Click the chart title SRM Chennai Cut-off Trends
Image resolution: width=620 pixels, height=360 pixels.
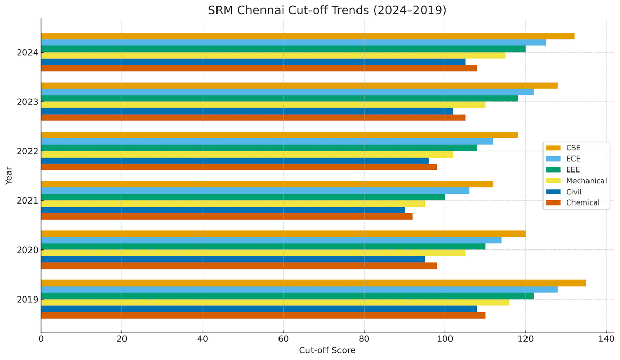pyautogui.click(x=327, y=10)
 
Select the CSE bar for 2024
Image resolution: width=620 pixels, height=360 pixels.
pyautogui.click(x=307, y=36)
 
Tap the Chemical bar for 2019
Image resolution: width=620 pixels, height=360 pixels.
pyautogui.click(x=263, y=315)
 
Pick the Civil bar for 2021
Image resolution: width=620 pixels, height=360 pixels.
pyautogui.click(x=223, y=210)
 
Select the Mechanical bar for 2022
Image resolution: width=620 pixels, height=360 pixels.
pyautogui.click(x=247, y=154)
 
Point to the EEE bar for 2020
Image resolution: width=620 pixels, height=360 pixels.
pyautogui.click(x=263, y=246)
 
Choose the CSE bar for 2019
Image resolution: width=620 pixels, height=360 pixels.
pyautogui.click(x=314, y=283)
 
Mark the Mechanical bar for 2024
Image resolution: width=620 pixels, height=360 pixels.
pyautogui.click(x=273, y=55)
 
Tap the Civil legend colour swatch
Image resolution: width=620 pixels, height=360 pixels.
pyautogui.click(x=553, y=192)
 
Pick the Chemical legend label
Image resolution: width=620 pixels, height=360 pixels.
pyautogui.click(x=583, y=203)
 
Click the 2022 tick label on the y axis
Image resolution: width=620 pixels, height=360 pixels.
pyautogui.click(x=26, y=151)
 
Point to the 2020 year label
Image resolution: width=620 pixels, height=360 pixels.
pyautogui.click(x=26, y=250)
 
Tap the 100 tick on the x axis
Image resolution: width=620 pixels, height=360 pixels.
pyautogui.click(x=445, y=339)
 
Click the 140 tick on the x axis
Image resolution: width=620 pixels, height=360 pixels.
pyautogui.click(x=606, y=339)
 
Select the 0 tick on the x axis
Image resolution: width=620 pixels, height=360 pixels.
pyautogui.click(x=41, y=339)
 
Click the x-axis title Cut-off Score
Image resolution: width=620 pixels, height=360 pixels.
pyautogui.click(x=327, y=351)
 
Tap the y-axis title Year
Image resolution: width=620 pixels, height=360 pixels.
pyautogui.click(x=9, y=176)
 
